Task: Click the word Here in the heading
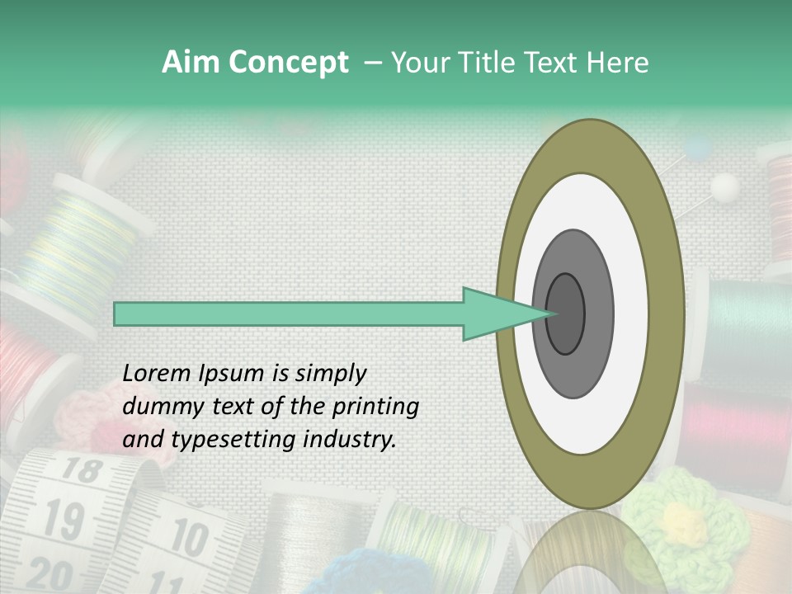618,63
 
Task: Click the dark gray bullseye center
566,313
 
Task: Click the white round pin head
724,187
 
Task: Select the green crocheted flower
685,520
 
